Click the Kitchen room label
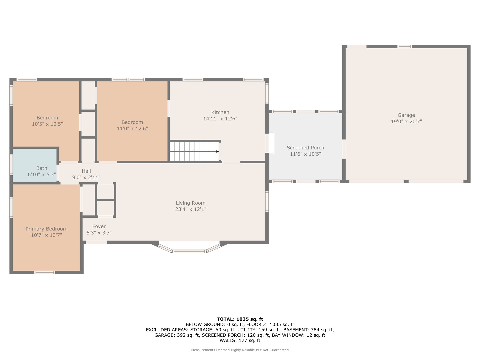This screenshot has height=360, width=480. [220, 112]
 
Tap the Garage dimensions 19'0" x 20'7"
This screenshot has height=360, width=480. [406, 122]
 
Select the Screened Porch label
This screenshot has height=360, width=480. [305, 148]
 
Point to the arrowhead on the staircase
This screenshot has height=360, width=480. [217, 151]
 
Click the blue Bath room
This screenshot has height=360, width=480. [35, 165]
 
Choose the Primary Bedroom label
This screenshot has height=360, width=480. [46, 229]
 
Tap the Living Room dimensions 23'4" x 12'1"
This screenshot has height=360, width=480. [191, 209]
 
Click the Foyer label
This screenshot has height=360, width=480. [99, 226]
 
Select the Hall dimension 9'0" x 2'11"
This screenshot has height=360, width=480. [86, 177]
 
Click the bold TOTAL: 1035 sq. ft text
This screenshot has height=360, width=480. [240, 319]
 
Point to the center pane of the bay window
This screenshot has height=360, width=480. [189, 251]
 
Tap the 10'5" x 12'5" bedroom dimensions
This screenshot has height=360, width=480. [47, 124]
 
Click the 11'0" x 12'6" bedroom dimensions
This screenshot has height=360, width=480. [132, 129]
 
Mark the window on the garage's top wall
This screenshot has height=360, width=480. [404, 47]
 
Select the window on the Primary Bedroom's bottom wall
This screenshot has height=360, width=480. [45, 272]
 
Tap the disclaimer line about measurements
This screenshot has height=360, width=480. [240, 350]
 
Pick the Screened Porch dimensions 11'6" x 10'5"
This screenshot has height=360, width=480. [305, 154]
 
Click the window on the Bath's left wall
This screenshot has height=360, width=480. [11, 164]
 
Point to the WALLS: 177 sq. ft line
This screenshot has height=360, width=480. [240, 340]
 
